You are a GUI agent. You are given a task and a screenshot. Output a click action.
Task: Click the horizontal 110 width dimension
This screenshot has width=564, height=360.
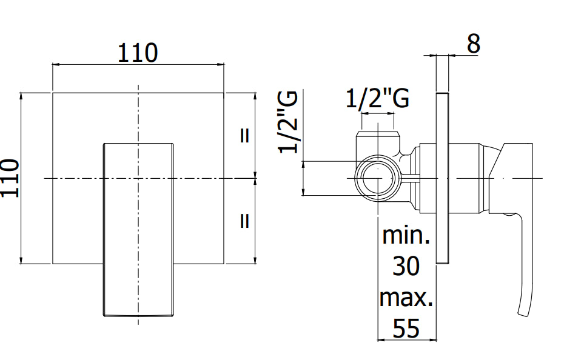(138, 53)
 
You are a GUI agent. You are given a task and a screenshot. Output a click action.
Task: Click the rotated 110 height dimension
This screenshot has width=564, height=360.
(10, 178)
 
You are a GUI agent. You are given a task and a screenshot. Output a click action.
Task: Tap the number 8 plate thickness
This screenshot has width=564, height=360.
(474, 44)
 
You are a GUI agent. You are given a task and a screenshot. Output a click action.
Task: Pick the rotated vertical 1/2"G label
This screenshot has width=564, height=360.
(288, 122)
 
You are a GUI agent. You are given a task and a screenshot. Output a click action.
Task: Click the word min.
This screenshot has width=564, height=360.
(406, 235)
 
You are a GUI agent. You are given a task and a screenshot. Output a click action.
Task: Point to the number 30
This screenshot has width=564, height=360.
(406, 266)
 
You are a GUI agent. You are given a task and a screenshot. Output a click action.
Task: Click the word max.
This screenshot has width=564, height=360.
(406, 298)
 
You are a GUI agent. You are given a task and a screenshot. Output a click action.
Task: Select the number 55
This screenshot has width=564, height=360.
(406, 328)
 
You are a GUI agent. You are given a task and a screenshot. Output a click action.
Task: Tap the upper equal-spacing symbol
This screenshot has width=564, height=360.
(244, 136)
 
